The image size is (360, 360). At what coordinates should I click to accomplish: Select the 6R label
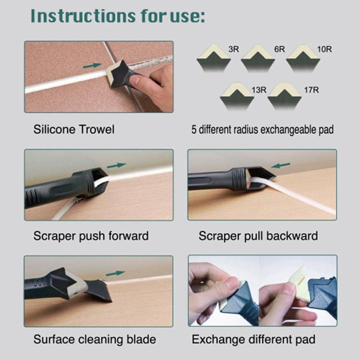tap(279, 49)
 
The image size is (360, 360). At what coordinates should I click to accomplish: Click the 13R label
tap(259, 90)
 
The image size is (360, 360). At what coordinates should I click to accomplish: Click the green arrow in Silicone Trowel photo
tap(92, 66)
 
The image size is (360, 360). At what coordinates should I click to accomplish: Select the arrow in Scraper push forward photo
tap(117, 165)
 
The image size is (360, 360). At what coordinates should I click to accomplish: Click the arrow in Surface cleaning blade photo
tap(118, 273)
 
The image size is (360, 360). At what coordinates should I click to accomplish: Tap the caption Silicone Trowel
tap(74, 130)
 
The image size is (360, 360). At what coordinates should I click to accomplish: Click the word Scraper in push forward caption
tap(52, 236)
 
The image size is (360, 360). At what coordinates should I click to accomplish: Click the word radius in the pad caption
tap(248, 130)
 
